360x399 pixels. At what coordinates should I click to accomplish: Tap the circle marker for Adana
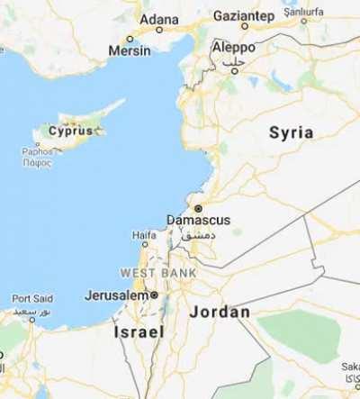[159, 30]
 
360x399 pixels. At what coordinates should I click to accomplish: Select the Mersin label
[130, 51]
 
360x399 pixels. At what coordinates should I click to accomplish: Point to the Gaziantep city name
[243, 15]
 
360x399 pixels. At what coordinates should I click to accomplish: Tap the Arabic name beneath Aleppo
[233, 59]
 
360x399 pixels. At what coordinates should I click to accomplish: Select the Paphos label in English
[38, 151]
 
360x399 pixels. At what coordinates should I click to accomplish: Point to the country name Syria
[292, 132]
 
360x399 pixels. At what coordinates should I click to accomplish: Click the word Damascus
[199, 220]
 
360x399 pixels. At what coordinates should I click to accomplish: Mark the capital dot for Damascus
[198, 208]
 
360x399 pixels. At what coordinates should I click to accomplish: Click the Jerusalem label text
[116, 295]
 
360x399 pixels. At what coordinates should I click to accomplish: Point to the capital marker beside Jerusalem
[155, 295]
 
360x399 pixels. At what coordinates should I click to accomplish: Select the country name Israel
[139, 331]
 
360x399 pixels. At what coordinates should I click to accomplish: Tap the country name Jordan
[220, 312]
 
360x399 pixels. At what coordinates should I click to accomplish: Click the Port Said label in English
[32, 298]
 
